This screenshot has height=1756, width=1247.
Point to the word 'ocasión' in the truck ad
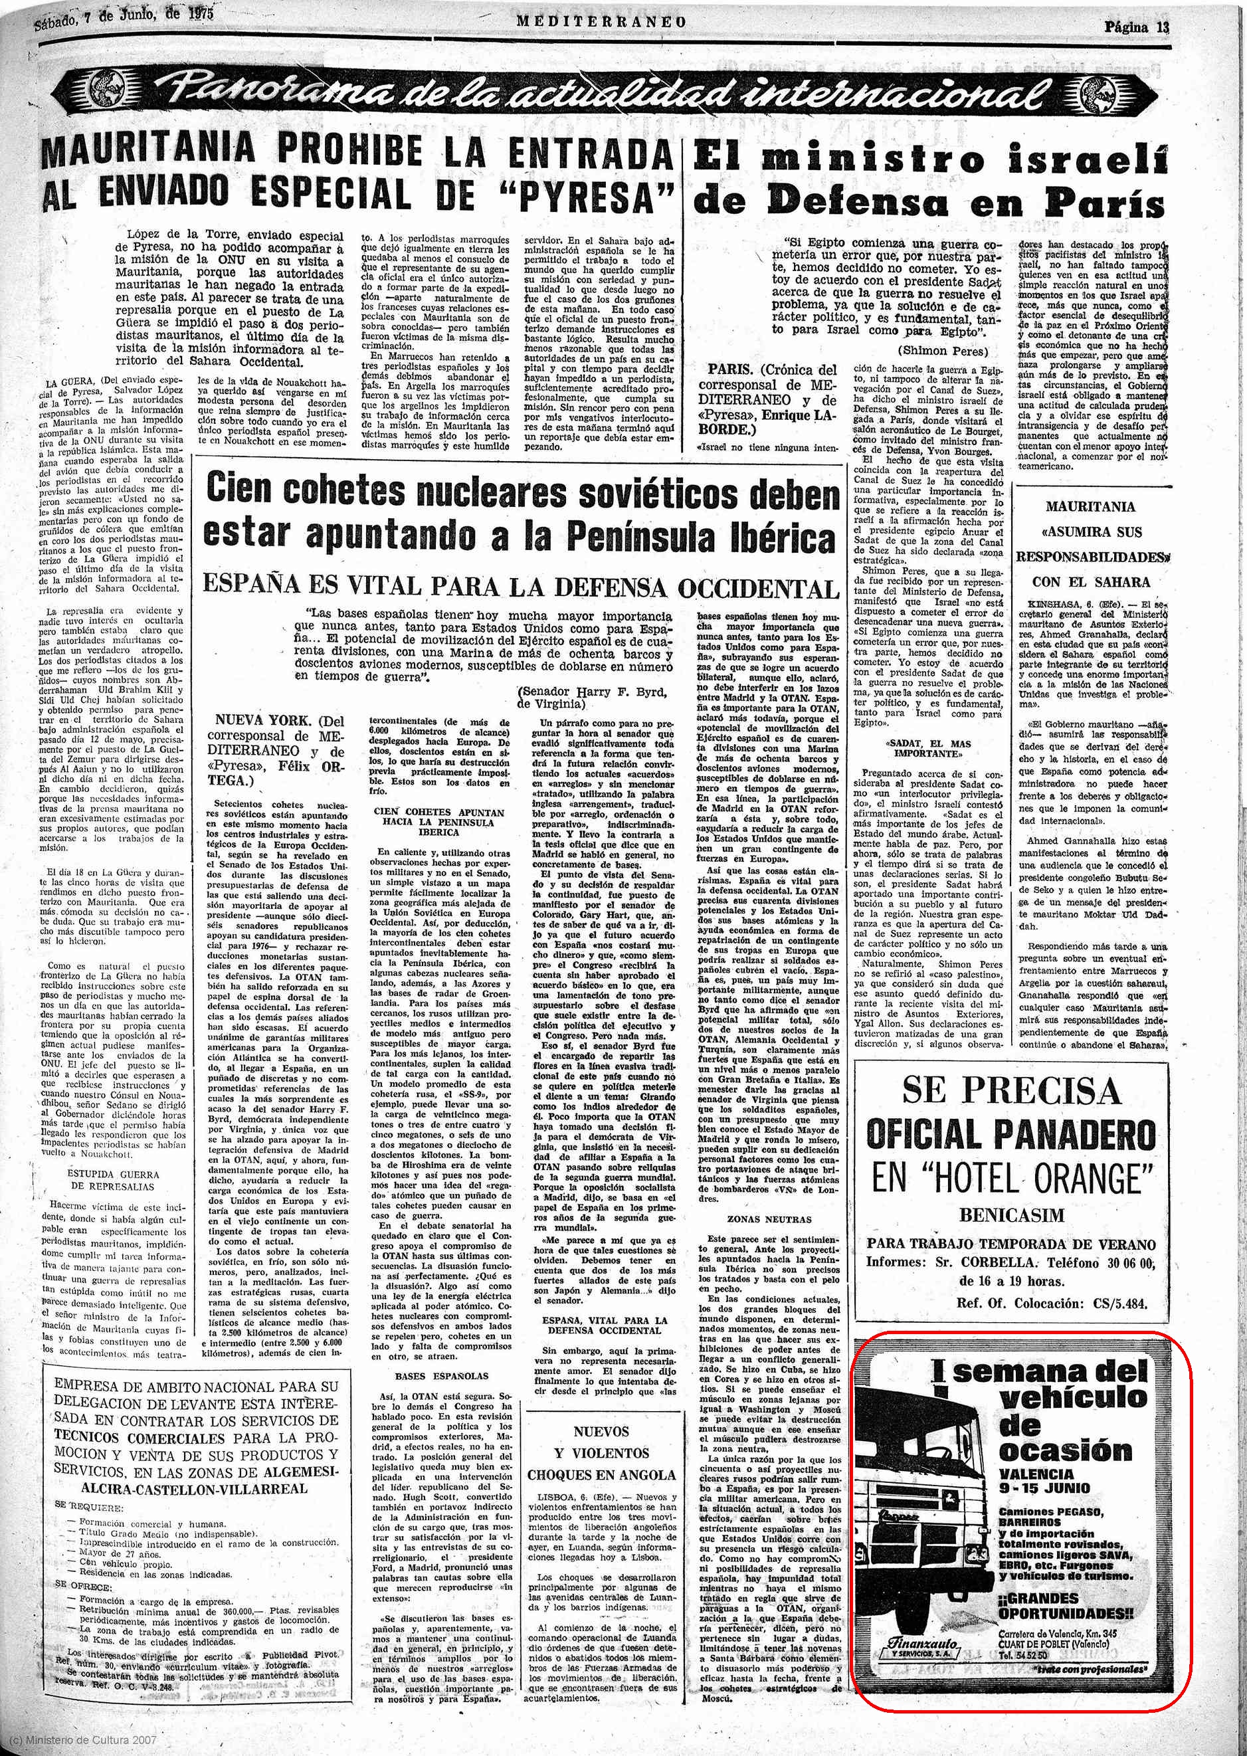(1065, 1450)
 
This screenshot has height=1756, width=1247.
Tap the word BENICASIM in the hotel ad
(1012, 1215)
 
